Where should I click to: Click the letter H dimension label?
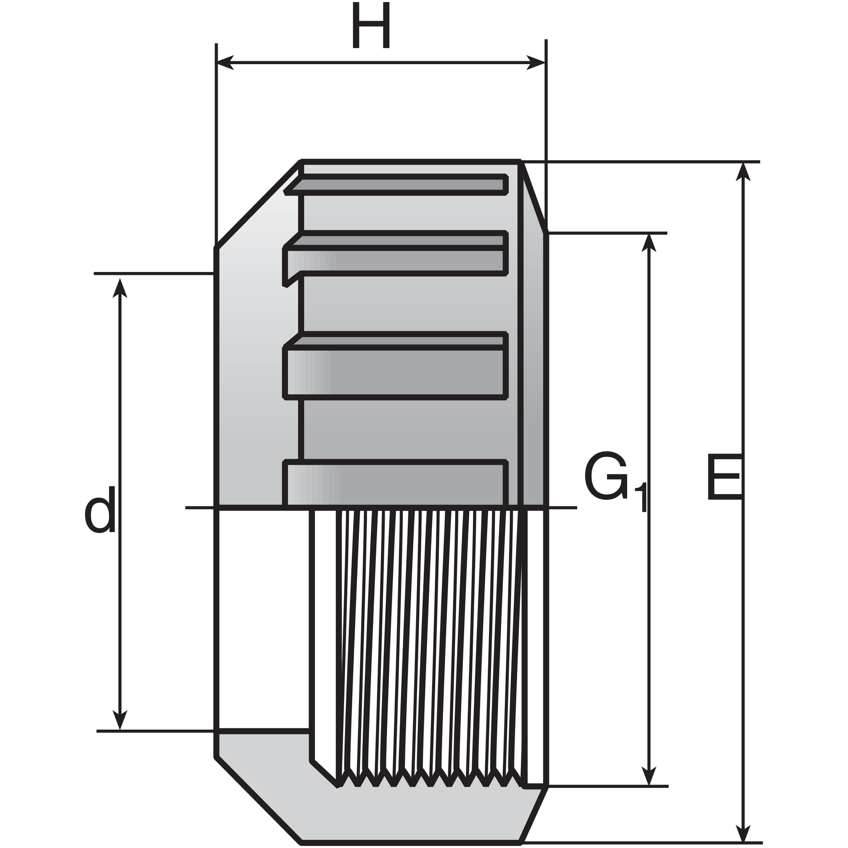tap(371, 25)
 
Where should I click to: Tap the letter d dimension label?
tap(100, 509)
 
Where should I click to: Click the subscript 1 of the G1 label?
tap(642, 497)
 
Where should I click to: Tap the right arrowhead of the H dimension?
tap(536, 63)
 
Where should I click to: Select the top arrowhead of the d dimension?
tap(120, 287)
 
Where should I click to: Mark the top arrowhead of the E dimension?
tap(743, 172)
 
